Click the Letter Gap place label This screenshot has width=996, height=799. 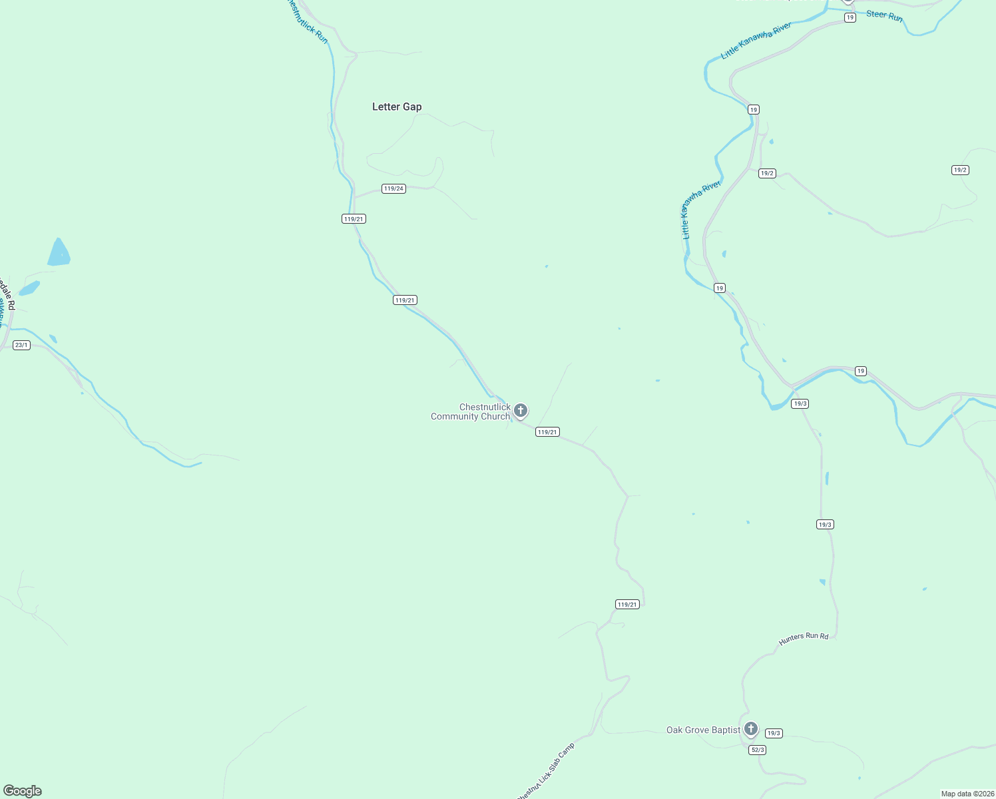397,107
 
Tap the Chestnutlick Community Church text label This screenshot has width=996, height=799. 471,411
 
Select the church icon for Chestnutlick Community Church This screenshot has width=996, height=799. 521,410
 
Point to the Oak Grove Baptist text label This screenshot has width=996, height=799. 703,730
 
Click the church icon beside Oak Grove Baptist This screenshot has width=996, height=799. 751,728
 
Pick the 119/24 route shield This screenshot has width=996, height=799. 393,188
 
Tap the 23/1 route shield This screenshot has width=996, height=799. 21,345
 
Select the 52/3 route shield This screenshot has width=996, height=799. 757,750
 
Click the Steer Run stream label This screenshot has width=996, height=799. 884,15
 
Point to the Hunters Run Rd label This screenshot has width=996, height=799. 804,639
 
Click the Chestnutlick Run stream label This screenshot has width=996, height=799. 308,22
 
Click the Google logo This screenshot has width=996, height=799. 23,791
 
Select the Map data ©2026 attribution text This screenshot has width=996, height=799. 967,794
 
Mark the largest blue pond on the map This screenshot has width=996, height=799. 59,253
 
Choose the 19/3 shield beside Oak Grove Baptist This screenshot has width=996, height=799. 773,733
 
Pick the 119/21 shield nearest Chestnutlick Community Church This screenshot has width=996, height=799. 547,432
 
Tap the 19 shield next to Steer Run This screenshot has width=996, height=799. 850,18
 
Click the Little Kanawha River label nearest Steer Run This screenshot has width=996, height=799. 756,41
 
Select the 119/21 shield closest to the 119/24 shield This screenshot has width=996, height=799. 354,219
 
